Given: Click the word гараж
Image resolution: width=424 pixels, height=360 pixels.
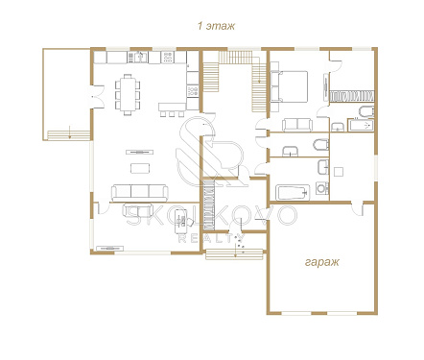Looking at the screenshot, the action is point(321,262).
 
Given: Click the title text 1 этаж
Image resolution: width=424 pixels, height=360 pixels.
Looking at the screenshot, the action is point(216,26).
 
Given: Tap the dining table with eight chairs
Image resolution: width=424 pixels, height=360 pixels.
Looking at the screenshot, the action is point(128,94).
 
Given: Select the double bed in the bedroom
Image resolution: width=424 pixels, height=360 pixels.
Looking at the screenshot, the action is point(289,86).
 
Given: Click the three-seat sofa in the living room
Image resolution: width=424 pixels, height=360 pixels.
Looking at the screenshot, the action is point(140,193).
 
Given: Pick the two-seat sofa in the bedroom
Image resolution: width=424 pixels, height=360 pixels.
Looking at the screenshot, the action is point(296,125).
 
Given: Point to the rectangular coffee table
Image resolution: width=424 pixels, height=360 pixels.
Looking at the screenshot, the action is point(140,168).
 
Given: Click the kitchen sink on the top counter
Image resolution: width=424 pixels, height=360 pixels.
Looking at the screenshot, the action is point(138,58).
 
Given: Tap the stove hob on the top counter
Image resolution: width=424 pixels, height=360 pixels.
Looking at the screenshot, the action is point(169,58).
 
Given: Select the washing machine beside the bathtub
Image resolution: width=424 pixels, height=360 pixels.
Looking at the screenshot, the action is point(322,188).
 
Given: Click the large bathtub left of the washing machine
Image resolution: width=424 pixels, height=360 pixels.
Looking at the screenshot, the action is point(293,193).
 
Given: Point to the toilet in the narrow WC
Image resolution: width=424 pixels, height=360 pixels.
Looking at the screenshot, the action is point(321,145).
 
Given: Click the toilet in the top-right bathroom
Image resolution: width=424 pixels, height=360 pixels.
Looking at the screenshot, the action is point(366,111).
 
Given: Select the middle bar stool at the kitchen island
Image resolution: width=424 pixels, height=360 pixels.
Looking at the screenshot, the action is point(173,114).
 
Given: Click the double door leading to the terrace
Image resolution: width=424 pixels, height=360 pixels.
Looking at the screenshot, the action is point(95,97).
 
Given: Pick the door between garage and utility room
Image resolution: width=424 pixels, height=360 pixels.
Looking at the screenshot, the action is point(358,208).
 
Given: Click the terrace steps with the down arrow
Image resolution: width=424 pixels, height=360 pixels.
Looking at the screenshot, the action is point(68,134).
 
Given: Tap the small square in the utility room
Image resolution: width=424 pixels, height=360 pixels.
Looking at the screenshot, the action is point(339,172).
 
